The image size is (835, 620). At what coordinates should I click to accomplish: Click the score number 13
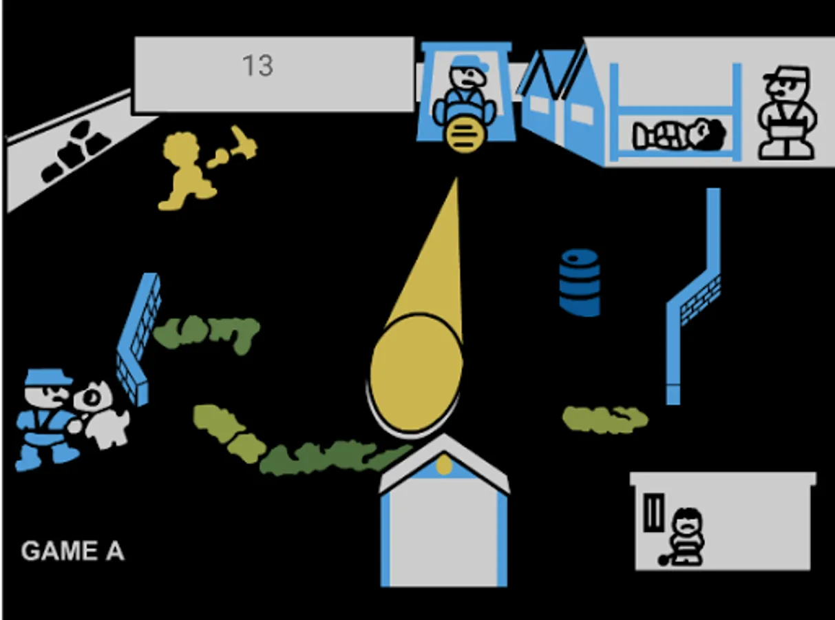pos(257,66)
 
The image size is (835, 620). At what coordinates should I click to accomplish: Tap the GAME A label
pos(72,551)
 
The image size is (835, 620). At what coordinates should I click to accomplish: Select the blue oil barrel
pos(580,282)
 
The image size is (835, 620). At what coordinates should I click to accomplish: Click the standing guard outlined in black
pos(788,113)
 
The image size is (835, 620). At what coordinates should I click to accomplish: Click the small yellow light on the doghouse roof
pos(445,466)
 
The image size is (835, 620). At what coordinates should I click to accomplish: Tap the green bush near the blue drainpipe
pos(604,419)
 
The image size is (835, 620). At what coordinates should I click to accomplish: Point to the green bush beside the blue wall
pos(207,333)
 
